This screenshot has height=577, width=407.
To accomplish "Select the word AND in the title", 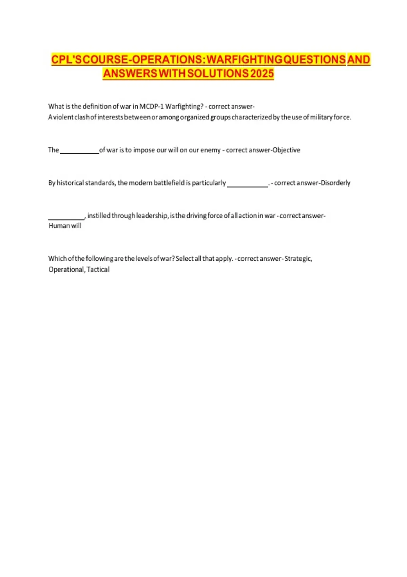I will [x=359, y=60].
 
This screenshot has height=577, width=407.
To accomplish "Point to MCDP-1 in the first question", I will [x=151, y=106].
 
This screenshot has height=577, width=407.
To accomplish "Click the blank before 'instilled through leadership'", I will [x=66, y=217].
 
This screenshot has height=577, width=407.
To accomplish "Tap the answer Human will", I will [x=65, y=226].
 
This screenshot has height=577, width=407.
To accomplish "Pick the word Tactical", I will [x=98, y=269].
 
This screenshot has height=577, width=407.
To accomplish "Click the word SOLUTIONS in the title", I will [x=218, y=73].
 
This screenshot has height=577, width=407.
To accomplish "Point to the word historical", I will [x=70, y=183].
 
